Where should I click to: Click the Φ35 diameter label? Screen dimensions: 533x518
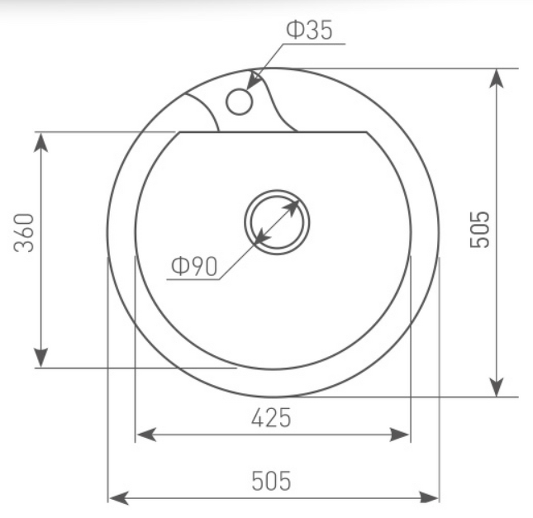pos(309,30)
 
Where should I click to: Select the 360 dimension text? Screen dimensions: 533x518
pos(24,233)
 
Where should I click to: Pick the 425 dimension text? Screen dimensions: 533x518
pos(271,418)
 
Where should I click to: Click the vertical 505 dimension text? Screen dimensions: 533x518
pos(479,229)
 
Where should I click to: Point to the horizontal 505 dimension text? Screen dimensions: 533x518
pos(271,481)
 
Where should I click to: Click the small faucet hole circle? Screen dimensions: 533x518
pos(239,102)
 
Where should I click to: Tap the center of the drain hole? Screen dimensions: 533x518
pos(277,222)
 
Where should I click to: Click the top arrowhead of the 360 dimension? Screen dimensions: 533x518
pos(41,142)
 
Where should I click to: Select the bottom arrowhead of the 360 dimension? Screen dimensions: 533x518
pos(41,357)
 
